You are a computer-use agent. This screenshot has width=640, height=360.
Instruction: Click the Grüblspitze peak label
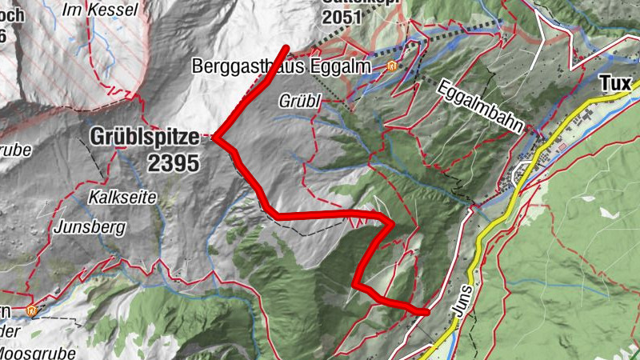(x=145, y=138)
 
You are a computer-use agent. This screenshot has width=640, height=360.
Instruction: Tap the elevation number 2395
(x=173, y=162)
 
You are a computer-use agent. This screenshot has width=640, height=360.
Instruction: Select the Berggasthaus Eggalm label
(x=282, y=67)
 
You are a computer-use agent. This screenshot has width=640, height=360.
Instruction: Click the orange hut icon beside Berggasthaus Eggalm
(x=392, y=66)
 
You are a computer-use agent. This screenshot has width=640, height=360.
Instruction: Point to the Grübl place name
(x=300, y=102)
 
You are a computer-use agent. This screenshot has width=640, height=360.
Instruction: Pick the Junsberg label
(x=90, y=227)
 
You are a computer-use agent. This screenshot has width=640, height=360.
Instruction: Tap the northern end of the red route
(x=286, y=48)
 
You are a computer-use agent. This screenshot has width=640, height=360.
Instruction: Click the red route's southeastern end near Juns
(x=425, y=310)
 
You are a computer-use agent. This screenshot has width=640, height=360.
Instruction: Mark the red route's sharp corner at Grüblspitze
(x=215, y=138)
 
